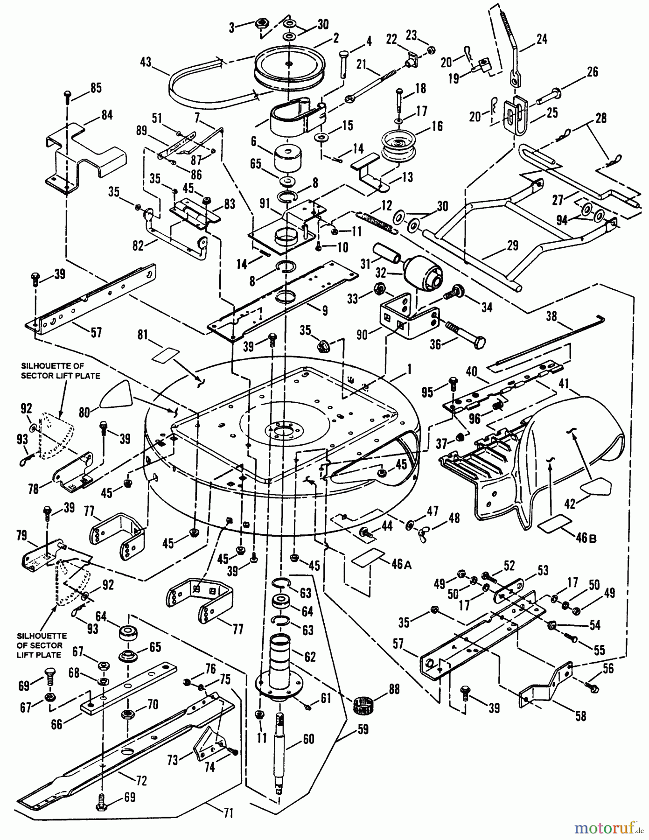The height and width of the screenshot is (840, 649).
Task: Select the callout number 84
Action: (107, 114)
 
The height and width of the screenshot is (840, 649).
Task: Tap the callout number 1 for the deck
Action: (409, 369)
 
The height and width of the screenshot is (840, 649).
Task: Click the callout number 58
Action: (580, 715)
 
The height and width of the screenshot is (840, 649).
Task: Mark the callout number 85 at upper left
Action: (96, 88)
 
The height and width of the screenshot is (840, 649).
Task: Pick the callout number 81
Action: (143, 335)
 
